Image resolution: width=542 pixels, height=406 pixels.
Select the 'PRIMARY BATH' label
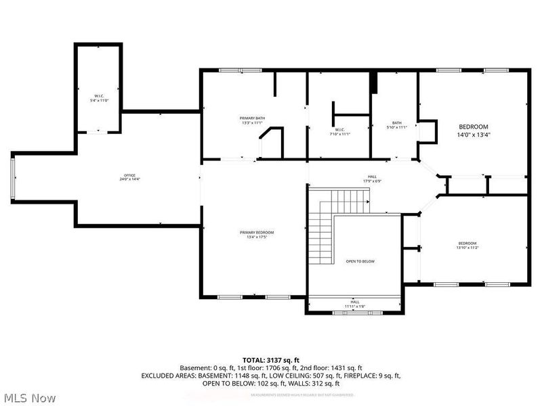(253, 118)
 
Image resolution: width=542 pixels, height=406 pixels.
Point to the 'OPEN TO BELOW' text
(360, 261)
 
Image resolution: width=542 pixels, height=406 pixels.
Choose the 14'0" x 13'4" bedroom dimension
(474, 135)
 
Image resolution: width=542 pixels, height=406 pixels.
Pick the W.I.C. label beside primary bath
(339, 129)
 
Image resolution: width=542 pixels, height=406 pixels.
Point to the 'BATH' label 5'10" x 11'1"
(396, 122)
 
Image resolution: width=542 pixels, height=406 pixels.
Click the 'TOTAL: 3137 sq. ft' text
(270, 359)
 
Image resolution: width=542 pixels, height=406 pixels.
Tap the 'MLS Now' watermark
(29, 398)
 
